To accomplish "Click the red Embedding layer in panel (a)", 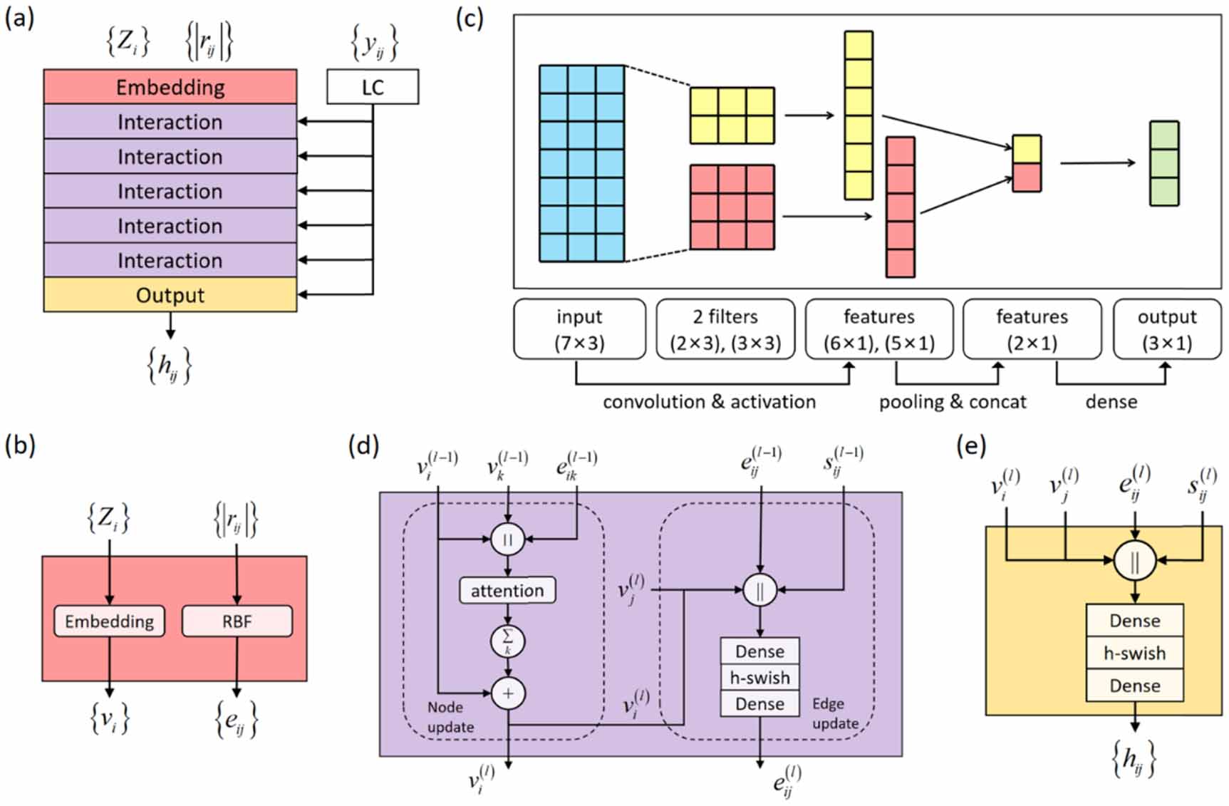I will click(170, 87).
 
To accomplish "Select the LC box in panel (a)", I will click(373, 87).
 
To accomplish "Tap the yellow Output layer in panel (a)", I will click(170, 295).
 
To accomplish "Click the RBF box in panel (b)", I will click(237, 621).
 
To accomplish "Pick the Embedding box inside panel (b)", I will click(109, 621).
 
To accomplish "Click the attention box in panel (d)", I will click(507, 590).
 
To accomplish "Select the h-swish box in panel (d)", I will click(759, 678).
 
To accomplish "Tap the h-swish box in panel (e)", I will click(1134, 653).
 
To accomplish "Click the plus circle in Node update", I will click(508, 693).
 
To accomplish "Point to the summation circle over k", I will click(508, 641).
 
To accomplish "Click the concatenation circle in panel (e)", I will click(1134, 562).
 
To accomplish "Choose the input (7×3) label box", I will click(579, 329).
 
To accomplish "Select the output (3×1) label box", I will click(1166, 329).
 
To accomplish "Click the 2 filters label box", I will click(725, 329).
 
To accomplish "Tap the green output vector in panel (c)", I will click(1164, 163).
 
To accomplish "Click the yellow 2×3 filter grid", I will click(732, 115).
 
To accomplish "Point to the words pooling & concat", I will click(952, 402).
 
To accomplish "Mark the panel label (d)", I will click(363, 446).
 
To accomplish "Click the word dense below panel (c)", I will click(1111, 402).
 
